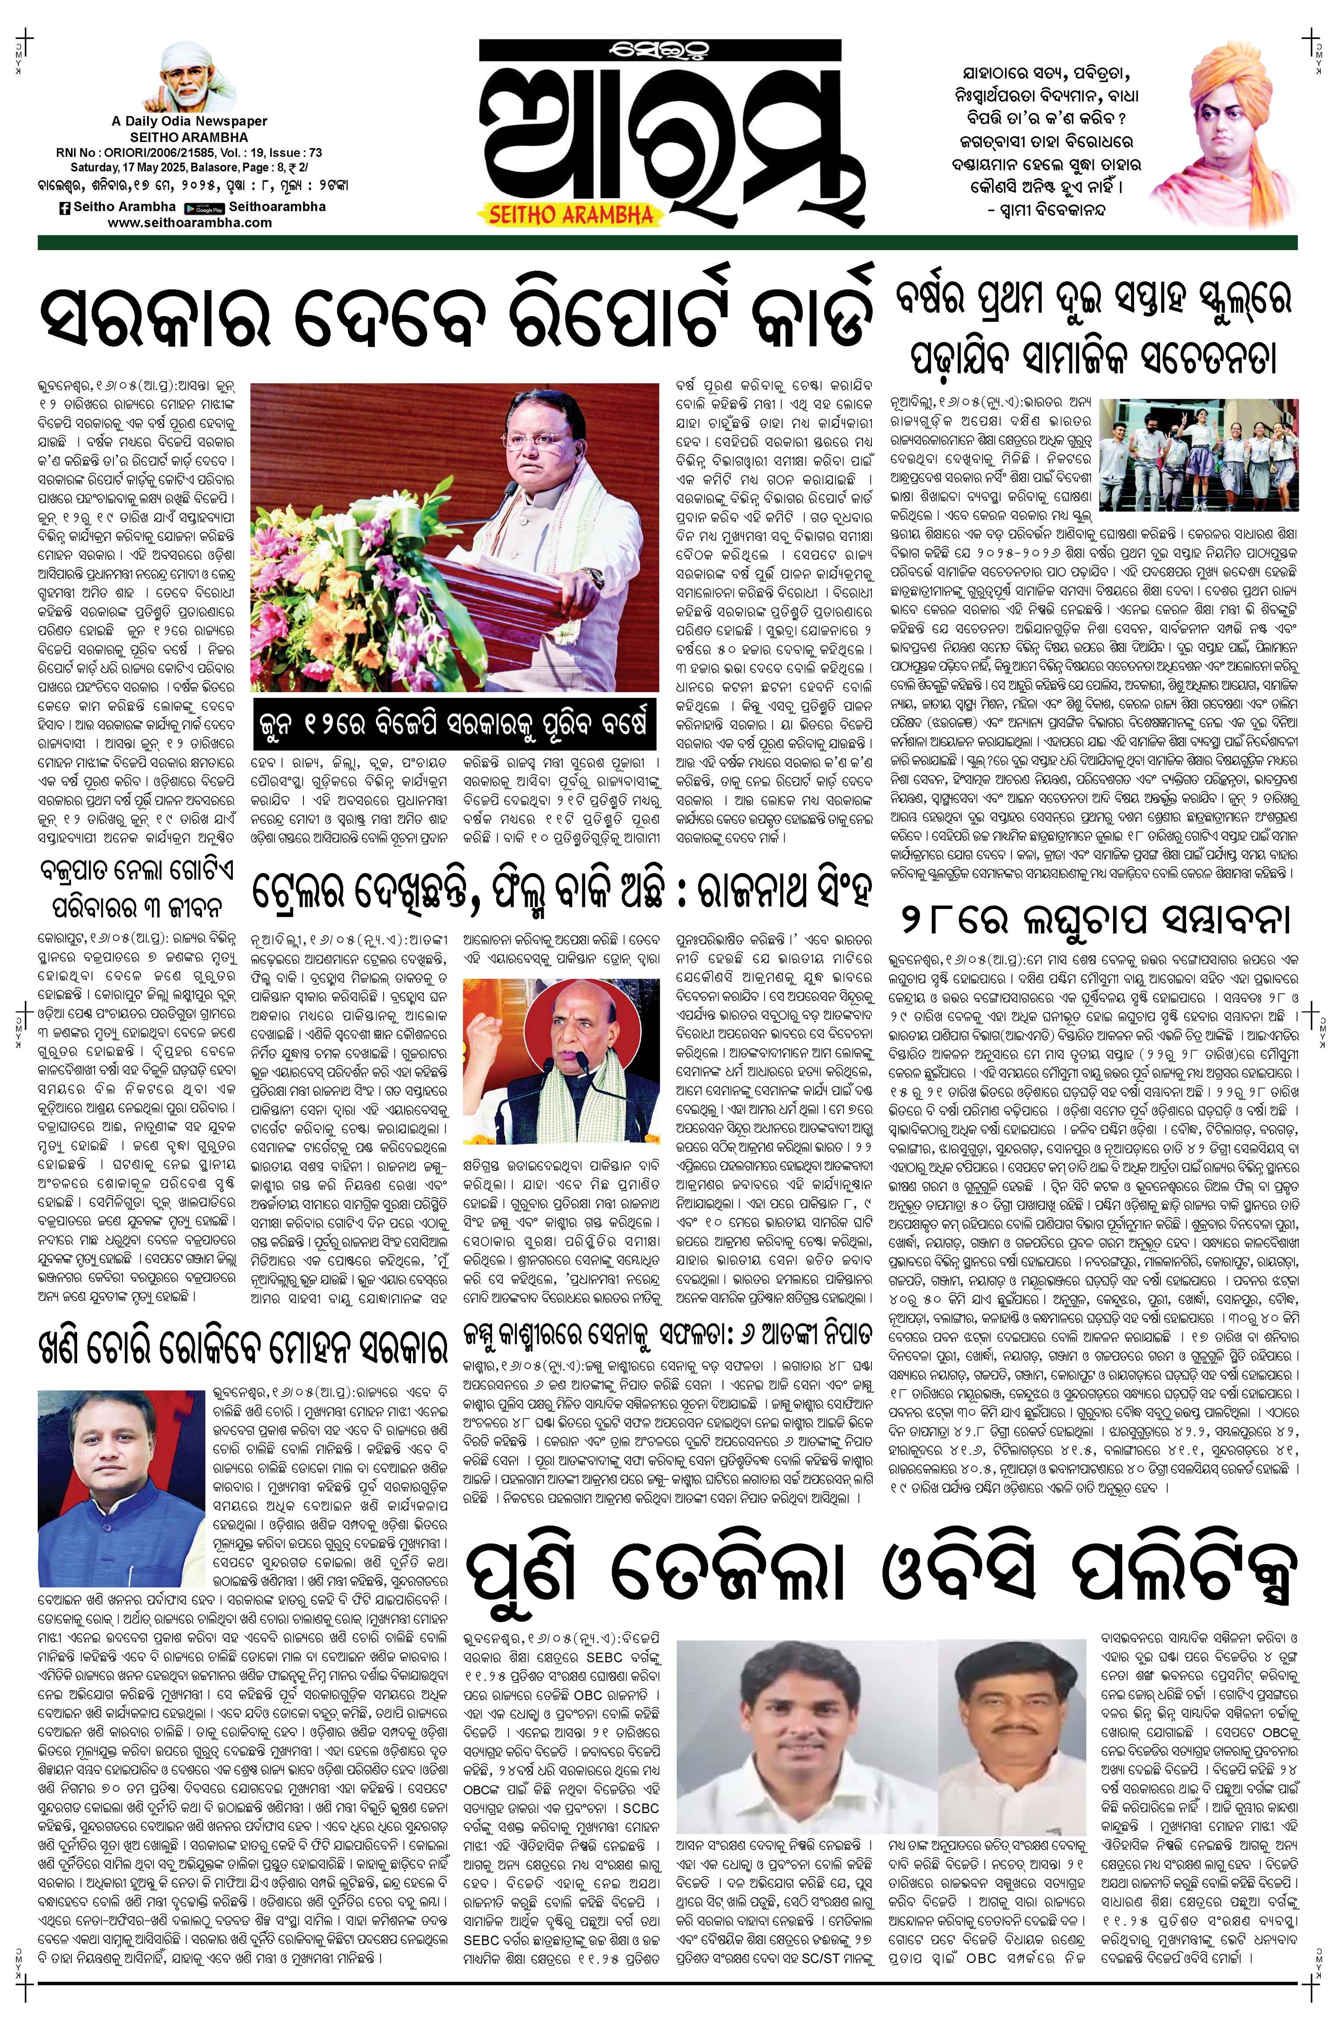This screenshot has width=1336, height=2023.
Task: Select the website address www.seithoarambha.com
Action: [x=190, y=223]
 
